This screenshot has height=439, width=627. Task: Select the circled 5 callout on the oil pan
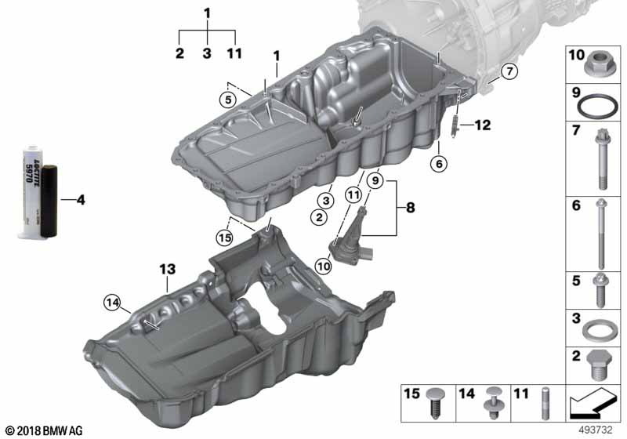tap(227, 100)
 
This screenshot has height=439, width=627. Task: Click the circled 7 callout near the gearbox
tap(507, 72)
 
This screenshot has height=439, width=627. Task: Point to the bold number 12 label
tap(481, 125)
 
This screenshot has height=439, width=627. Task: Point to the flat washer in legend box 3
tap(597, 326)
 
